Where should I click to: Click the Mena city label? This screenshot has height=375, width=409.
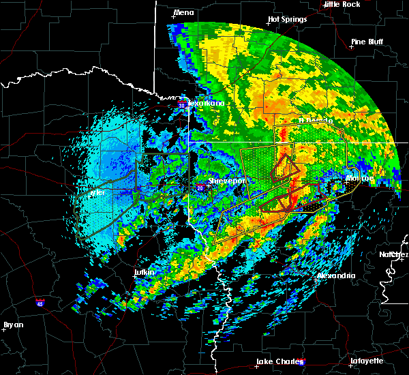click(x=183, y=12)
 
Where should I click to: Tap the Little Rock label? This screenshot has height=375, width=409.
click(x=342, y=4)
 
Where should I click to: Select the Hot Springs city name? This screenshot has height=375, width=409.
click(x=288, y=20)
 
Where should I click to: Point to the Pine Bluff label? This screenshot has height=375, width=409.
click(x=366, y=42)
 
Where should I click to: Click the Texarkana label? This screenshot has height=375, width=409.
click(x=205, y=104)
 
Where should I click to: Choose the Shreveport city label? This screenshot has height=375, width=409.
click(x=226, y=181)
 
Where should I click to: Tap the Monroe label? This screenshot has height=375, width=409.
click(x=359, y=178)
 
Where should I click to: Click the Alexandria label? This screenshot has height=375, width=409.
click(x=336, y=276)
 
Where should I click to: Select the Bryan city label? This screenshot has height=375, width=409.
click(x=13, y=325)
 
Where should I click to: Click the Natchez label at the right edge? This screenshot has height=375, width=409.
click(x=395, y=254)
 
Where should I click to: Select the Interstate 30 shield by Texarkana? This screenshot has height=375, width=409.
click(x=181, y=106)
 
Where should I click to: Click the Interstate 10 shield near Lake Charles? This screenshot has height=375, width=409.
click(x=302, y=362)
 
